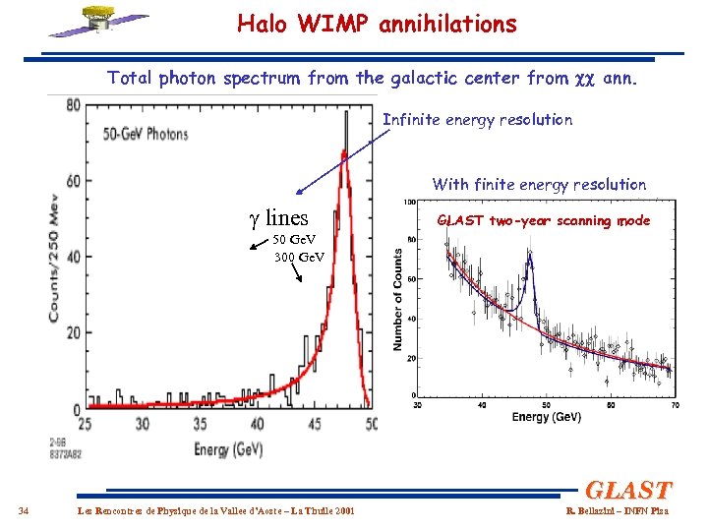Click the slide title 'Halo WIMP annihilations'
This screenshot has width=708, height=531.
(x=377, y=25)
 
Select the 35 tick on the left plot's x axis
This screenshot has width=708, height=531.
(x=200, y=424)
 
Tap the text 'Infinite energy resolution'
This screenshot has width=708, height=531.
(x=477, y=120)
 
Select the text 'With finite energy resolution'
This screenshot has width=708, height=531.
(x=539, y=184)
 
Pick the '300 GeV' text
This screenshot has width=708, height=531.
(x=301, y=257)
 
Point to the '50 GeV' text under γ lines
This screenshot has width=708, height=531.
(x=293, y=241)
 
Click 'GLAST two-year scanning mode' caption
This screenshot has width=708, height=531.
(x=544, y=220)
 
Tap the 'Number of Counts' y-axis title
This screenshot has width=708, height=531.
(x=398, y=299)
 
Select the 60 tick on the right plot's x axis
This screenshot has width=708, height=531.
(x=611, y=404)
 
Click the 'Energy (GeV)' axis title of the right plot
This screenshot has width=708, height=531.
(x=546, y=417)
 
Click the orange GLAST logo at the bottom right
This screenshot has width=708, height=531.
(x=628, y=490)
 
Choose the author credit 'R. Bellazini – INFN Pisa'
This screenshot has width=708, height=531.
(x=617, y=510)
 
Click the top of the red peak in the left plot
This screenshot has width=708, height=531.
(x=342, y=152)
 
